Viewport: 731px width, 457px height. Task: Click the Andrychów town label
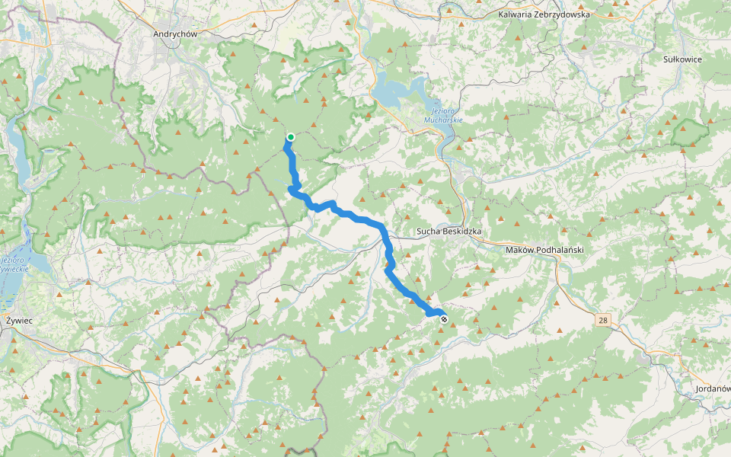[x=175, y=34]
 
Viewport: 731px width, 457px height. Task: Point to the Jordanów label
[x=713, y=389]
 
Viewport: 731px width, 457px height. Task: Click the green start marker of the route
[x=290, y=137]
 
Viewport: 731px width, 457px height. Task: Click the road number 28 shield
[x=603, y=321]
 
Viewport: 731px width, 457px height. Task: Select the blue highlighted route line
[x=358, y=219]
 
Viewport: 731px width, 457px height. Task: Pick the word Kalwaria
[x=516, y=14]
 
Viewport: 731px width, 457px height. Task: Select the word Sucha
[x=428, y=231]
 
